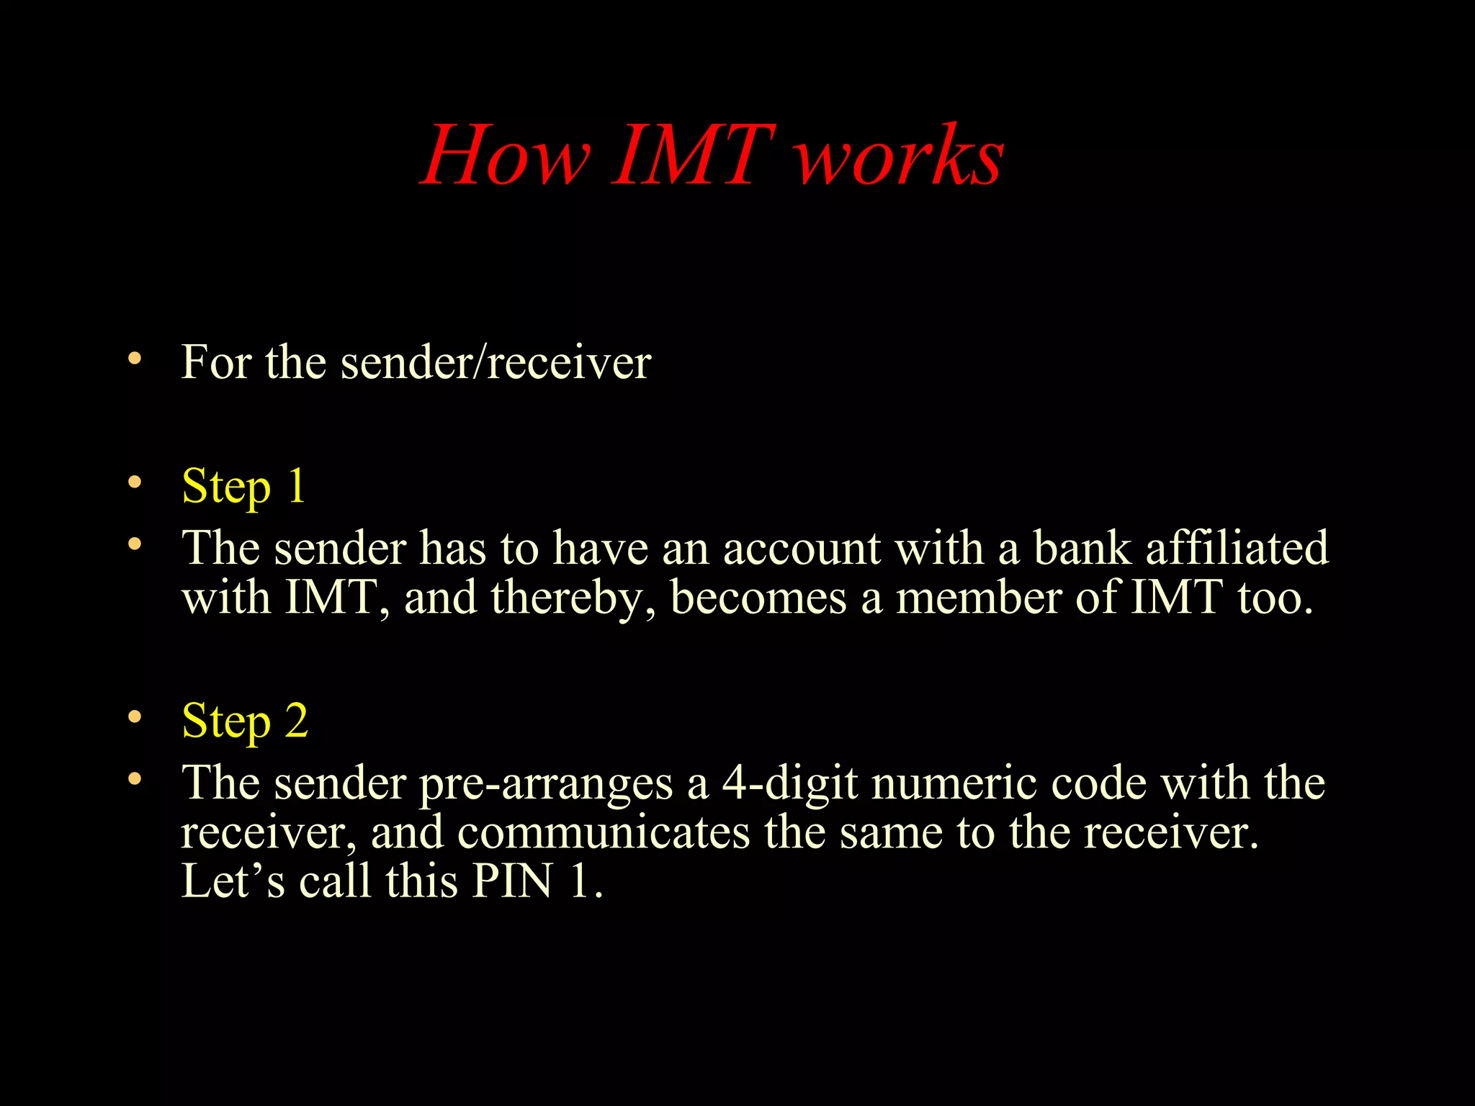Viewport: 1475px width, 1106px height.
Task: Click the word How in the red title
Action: click(506, 156)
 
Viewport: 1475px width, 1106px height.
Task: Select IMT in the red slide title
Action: click(693, 156)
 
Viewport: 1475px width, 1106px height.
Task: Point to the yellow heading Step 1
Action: click(244, 486)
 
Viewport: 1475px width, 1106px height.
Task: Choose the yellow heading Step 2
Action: click(245, 721)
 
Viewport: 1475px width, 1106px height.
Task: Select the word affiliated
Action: click(1237, 549)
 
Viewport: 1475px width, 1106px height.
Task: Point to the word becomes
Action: click(758, 598)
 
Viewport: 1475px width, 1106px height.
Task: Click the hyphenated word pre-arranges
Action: click(545, 784)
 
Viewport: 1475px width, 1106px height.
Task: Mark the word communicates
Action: click(604, 832)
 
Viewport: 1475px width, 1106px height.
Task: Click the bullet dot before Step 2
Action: click(134, 717)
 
